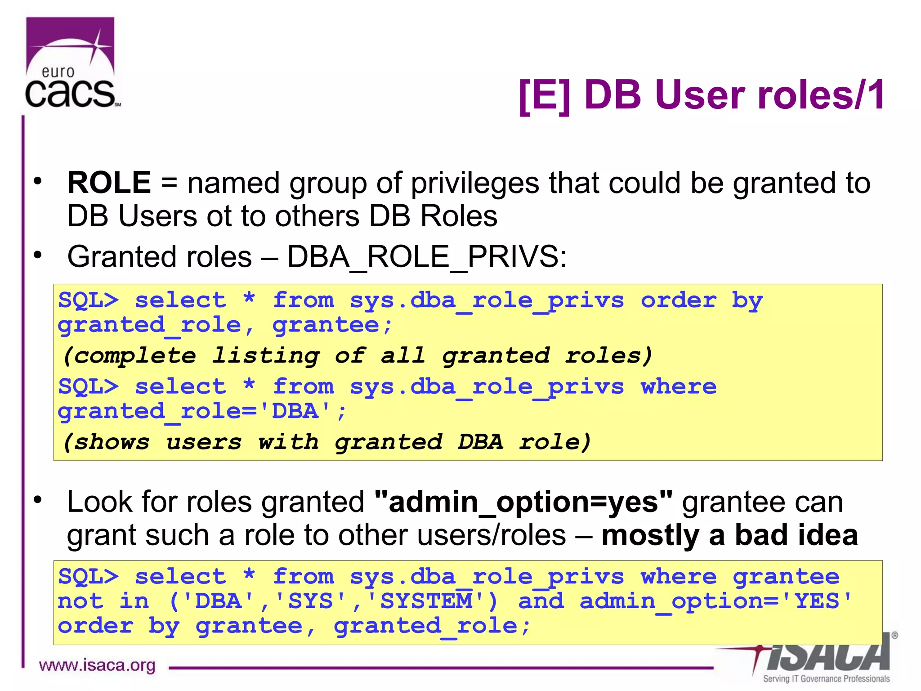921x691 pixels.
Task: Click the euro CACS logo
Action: [x=71, y=63]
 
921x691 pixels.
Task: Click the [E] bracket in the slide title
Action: [x=544, y=95]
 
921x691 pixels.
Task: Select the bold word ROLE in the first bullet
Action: [x=109, y=183]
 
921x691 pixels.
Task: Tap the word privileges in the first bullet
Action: [x=475, y=183]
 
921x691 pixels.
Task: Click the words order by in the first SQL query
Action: [x=702, y=301]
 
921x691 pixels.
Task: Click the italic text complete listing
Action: [x=191, y=356]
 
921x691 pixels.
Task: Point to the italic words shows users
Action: [x=153, y=442]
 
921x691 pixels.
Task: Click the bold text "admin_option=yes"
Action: [x=523, y=502]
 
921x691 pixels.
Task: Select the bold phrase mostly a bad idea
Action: [x=729, y=535]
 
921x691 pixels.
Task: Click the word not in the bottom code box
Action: [x=80, y=601]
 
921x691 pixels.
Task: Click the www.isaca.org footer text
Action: [x=97, y=665]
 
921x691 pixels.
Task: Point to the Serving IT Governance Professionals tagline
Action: [x=826, y=679]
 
